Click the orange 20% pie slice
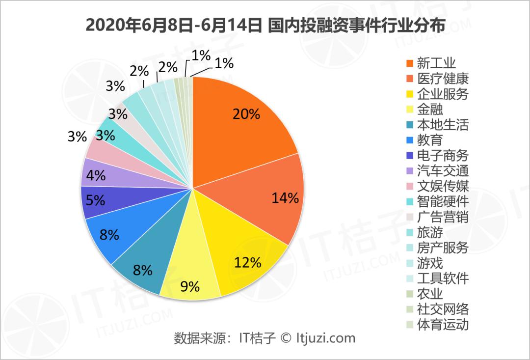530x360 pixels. coord(240,123)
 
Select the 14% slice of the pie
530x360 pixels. coord(275,196)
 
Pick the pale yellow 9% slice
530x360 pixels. coord(194,275)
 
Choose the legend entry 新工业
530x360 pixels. coord(436,63)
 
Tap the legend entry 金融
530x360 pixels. coord(430,109)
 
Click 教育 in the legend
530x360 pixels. coord(430,140)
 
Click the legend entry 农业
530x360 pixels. coord(430,294)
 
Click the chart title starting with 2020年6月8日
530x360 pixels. coord(265,25)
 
